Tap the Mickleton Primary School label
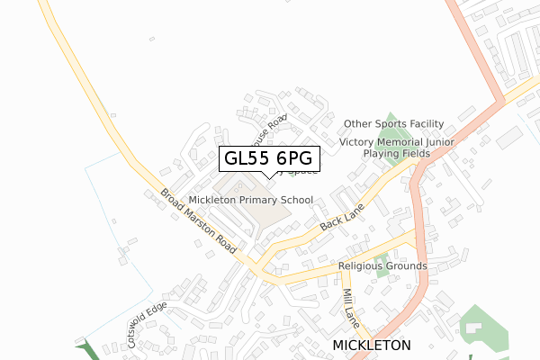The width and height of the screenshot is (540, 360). pos(250,200)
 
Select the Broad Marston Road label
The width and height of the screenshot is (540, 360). pos(199,220)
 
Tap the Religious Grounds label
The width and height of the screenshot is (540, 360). pos(382,266)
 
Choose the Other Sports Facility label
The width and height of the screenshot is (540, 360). pos(394,123)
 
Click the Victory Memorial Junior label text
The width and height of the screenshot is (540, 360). pos(397,142)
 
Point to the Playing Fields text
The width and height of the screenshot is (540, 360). pos(397,154)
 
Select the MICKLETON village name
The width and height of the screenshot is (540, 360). pos(371,346)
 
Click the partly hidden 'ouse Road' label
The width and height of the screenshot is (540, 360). pos(269,131)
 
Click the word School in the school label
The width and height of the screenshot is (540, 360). pos(294,200)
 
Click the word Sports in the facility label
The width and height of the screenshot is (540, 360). pos(390,123)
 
